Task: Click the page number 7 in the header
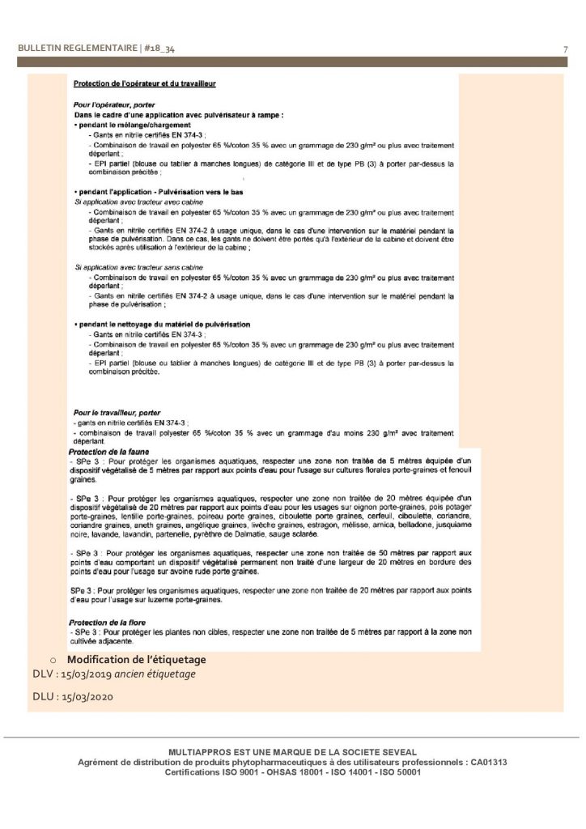point(564,50)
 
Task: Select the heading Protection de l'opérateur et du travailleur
point(144,83)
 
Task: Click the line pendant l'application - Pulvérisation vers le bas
point(158,192)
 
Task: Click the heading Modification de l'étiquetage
point(136,660)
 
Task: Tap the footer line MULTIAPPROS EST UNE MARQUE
point(292,753)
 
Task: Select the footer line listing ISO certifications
point(292,772)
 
